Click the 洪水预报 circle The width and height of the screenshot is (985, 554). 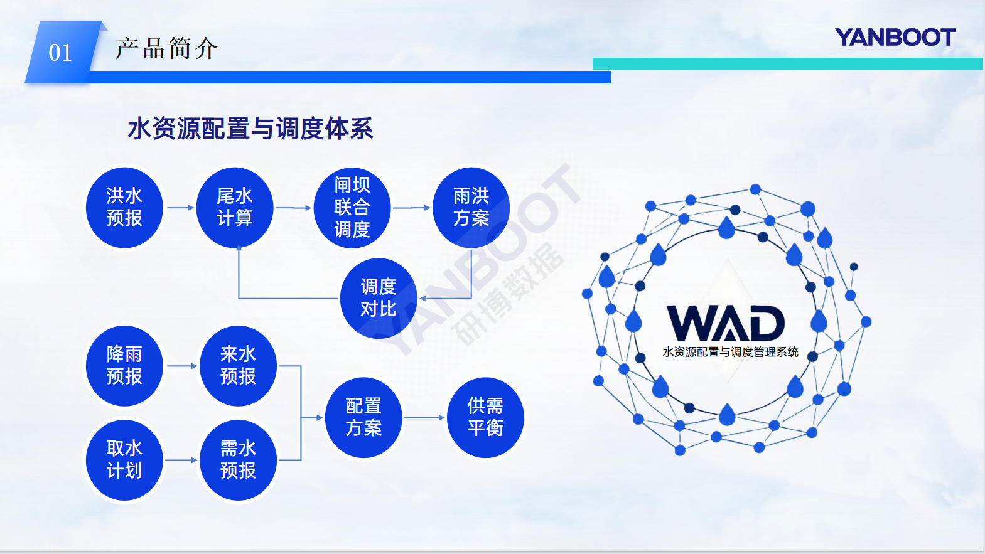pyautogui.click(x=124, y=208)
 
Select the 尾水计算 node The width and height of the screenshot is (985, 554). pyautogui.click(x=235, y=208)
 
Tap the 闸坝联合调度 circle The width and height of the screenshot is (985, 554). pyautogui.click(x=352, y=208)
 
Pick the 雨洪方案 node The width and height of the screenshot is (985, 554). pyautogui.click(x=471, y=208)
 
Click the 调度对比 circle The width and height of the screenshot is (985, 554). pyautogui.click(x=379, y=298)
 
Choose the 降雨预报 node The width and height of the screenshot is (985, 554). pyautogui.click(x=124, y=366)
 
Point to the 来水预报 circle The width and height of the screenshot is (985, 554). pyautogui.click(x=239, y=366)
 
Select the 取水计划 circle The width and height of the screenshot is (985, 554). pyautogui.click(x=124, y=460)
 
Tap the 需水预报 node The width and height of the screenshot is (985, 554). pyautogui.click(x=239, y=460)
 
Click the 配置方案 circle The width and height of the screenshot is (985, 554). pyautogui.click(x=363, y=417)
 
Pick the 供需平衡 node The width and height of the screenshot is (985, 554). pyautogui.click(x=485, y=417)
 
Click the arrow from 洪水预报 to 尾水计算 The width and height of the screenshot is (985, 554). pyautogui.click(x=180, y=208)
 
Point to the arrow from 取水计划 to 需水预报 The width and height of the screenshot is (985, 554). pyautogui.click(x=181, y=460)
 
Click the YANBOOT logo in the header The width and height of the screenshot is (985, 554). pyautogui.click(x=895, y=38)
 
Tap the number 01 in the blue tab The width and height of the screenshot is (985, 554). pyautogui.click(x=60, y=53)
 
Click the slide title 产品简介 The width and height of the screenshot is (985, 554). pyautogui.click(x=166, y=48)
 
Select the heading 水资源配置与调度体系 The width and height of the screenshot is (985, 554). pyautogui.click(x=250, y=128)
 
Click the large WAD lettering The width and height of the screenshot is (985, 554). pyautogui.click(x=726, y=324)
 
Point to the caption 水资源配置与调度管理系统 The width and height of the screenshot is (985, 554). pyautogui.click(x=730, y=352)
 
